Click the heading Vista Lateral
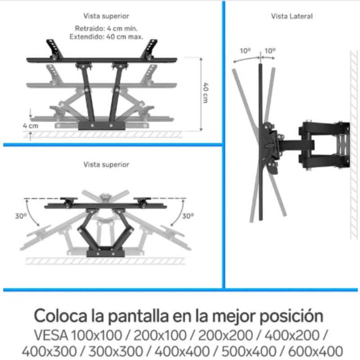click(292, 16)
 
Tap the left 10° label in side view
click(245, 51)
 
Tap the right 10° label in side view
click(270, 51)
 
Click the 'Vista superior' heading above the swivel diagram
click(106, 165)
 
